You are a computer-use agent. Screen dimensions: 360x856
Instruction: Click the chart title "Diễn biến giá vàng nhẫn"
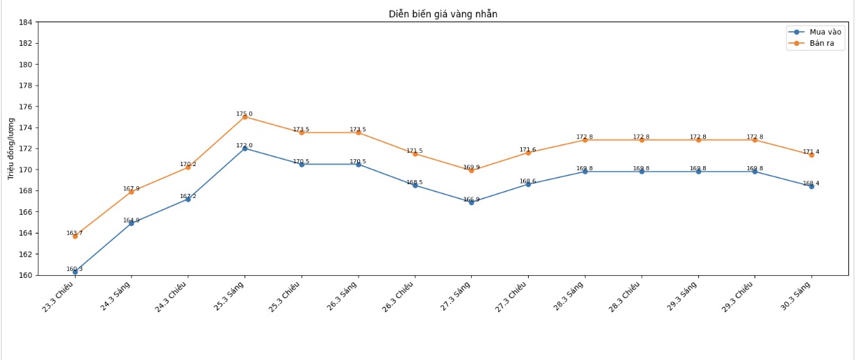tap(443, 14)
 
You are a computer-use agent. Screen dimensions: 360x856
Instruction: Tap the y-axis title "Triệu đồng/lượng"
tap(11, 149)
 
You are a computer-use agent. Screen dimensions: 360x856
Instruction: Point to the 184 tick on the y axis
tap(25, 22)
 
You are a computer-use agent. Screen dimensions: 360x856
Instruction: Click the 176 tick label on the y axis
tap(25, 106)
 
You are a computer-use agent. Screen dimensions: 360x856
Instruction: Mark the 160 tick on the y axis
tap(25, 275)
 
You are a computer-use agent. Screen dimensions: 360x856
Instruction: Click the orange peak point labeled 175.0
tap(245, 117)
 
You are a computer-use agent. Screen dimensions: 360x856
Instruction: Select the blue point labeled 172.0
tap(245, 149)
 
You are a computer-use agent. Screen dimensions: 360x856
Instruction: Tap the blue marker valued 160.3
tap(75, 272)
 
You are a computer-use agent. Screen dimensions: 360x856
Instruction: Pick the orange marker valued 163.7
tap(75, 236)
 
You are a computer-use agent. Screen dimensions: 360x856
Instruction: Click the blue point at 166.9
tap(471, 202)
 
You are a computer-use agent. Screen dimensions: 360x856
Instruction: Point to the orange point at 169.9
tap(471, 170)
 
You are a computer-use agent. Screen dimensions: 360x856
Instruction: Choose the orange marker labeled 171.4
tap(811, 155)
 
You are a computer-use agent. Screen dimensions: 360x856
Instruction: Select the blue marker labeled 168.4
tap(811, 186)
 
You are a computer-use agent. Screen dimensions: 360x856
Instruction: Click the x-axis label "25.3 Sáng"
tap(230, 296)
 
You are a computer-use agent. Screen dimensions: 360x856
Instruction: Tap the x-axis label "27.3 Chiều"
tap(513, 297)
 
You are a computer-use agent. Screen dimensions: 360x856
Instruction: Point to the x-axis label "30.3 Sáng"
tap(796, 296)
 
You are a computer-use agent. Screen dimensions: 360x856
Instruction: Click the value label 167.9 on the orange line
tap(131, 188)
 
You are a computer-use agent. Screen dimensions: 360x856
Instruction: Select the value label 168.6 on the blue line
tap(528, 181)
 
